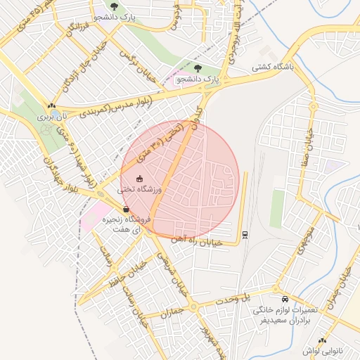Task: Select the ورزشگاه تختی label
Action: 139,189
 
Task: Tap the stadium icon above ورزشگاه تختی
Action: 139,179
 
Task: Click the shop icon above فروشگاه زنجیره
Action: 126,210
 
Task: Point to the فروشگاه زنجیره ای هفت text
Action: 126,225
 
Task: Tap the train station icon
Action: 244,235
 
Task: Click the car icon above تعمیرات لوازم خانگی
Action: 284,298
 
